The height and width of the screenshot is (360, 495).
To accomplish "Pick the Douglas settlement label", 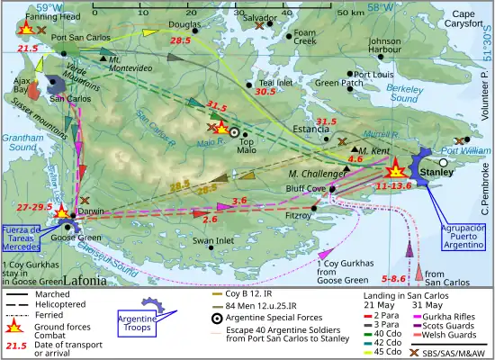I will coord(184,26).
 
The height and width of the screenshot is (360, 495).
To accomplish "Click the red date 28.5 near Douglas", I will coord(181,41).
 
